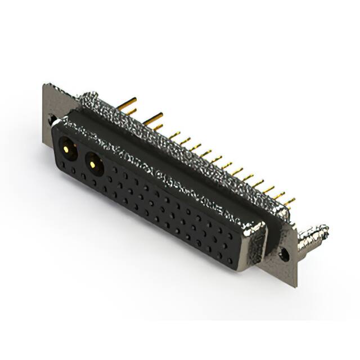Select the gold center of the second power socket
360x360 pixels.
coord(92,164)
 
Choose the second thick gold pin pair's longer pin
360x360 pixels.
coord(152,118)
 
